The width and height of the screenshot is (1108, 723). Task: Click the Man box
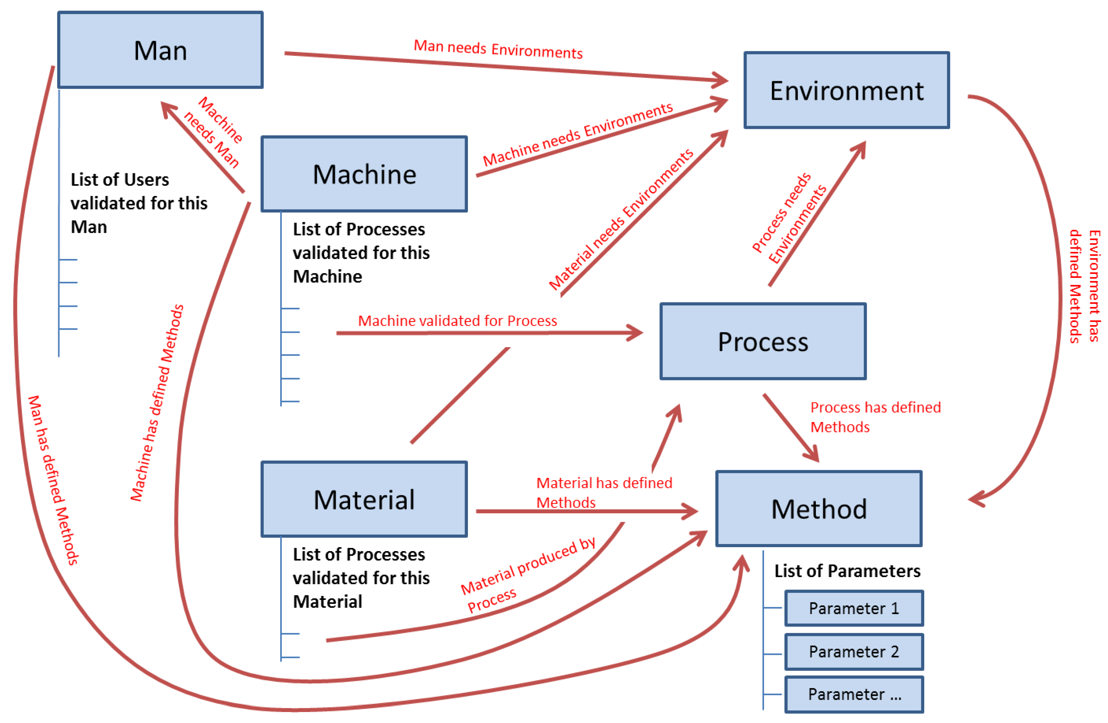coord(160,50)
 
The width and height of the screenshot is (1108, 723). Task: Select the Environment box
coord(846,90)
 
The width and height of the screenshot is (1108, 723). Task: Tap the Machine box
coord(364,174)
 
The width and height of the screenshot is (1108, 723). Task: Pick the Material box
coord(364,499)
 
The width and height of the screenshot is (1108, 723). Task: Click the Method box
coord(818,508)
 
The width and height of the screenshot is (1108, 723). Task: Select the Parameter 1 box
coord(854,608)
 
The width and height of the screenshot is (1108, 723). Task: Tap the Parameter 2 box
coord(854,651)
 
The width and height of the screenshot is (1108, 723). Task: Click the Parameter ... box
coord(854,694)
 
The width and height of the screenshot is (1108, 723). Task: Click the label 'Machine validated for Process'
coord(457,321)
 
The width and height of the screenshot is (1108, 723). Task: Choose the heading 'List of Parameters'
coord(847,571)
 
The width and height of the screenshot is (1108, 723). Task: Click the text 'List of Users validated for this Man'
coord(138,203)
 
